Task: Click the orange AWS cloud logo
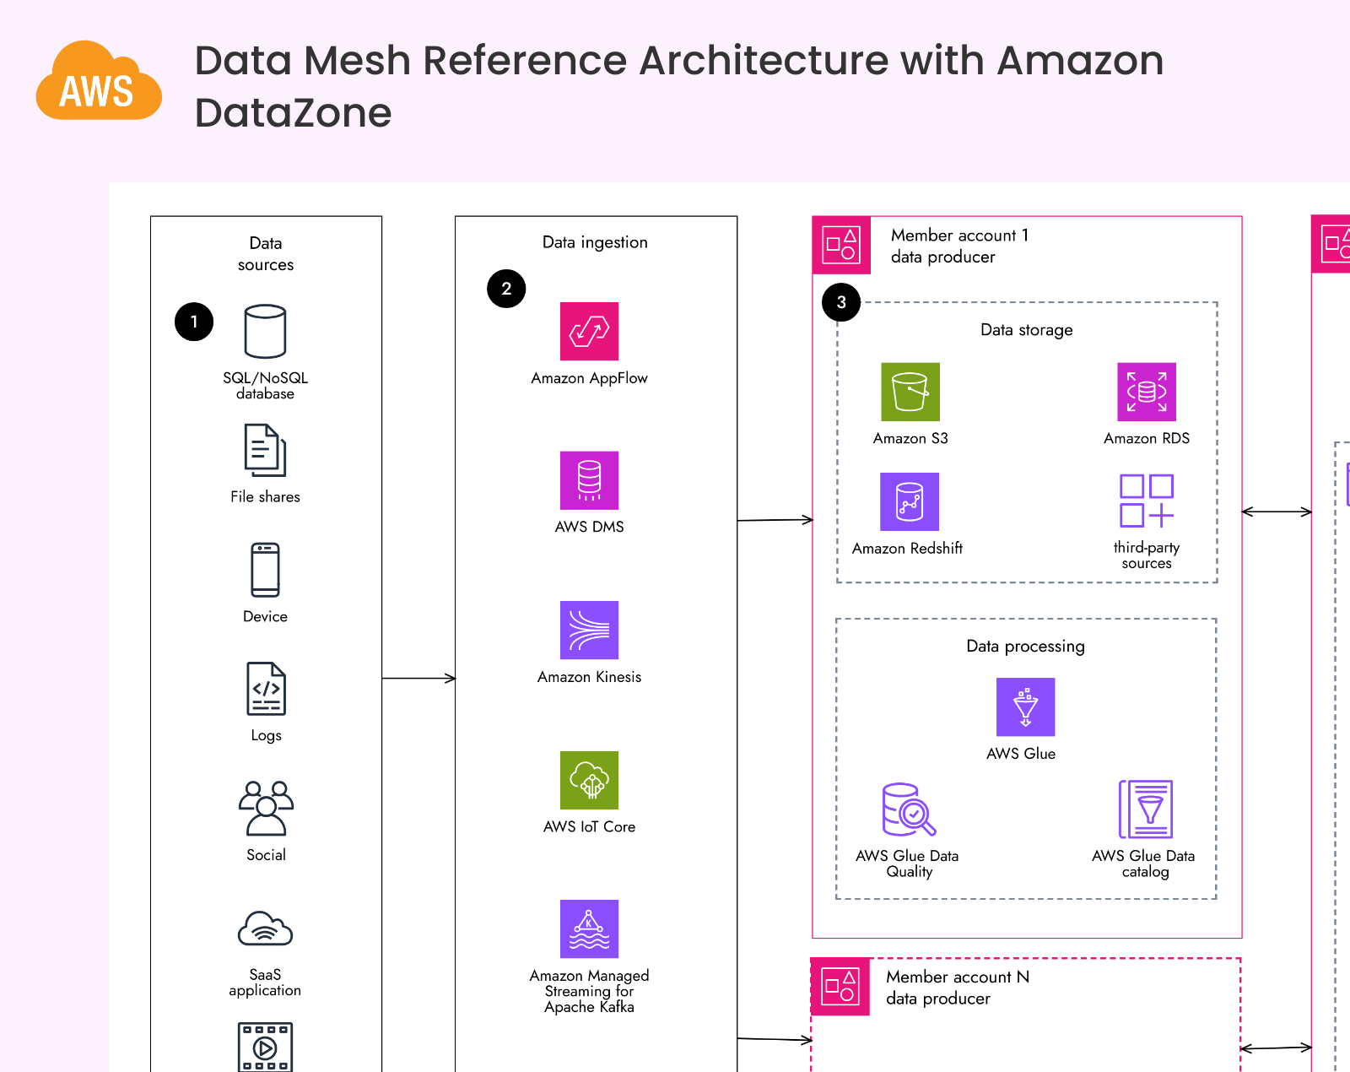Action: [x=99, y=82]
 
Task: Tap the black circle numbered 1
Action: [x=194, y=322]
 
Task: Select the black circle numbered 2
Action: [x=506, y=289]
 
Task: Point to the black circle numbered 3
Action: [x=841, y=302]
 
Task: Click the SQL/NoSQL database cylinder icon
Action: [x=265, y=332]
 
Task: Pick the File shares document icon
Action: [x=265, y=451]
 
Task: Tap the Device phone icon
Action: [x=265, y=570]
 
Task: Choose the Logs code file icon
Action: [x=266, y=689]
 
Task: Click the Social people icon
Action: [x=266, y=809]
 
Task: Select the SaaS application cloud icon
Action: [x=265, y=929]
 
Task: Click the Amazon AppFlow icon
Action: [x=589, y=331]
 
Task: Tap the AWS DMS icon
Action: [x=589, y=480]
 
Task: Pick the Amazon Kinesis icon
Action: [x=589, y=630]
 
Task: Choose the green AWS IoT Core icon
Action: [x=589, y=780]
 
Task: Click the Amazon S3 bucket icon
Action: [x=910, y=392]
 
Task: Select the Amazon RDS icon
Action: [x=1147, y=392]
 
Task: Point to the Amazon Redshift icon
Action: [x=910, y=501]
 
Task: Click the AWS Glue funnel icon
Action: [x=1025, y=707]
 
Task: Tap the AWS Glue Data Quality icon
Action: [x=909, y=809]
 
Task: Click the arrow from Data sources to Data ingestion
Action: [x=418, y=678]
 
